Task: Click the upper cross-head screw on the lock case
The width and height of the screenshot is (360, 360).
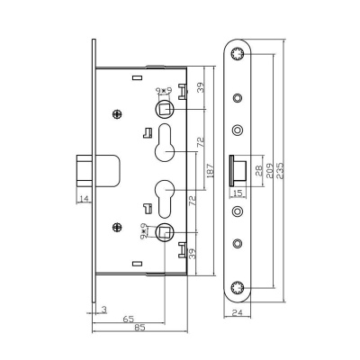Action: point(118,114)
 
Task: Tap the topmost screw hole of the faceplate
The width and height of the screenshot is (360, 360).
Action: point(238,56)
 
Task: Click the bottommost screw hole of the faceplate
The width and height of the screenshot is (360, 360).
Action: point(238,287)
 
